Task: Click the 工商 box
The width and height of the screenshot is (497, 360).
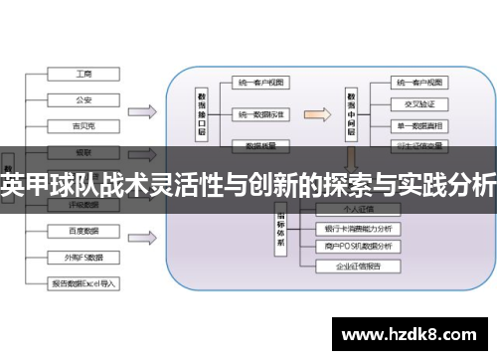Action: coord(83,74)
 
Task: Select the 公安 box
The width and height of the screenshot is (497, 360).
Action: coord(83,99)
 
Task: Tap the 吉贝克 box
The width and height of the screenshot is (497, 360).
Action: coord(83,125)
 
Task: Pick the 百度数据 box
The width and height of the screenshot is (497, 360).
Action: coord(83,231)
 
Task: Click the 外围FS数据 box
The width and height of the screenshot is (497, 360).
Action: coord(83,257)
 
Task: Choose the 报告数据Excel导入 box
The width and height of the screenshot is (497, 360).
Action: coord(83,283)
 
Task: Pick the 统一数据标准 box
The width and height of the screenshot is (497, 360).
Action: coord(261,114)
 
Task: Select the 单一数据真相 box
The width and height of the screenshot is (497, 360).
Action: coord(417,124)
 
